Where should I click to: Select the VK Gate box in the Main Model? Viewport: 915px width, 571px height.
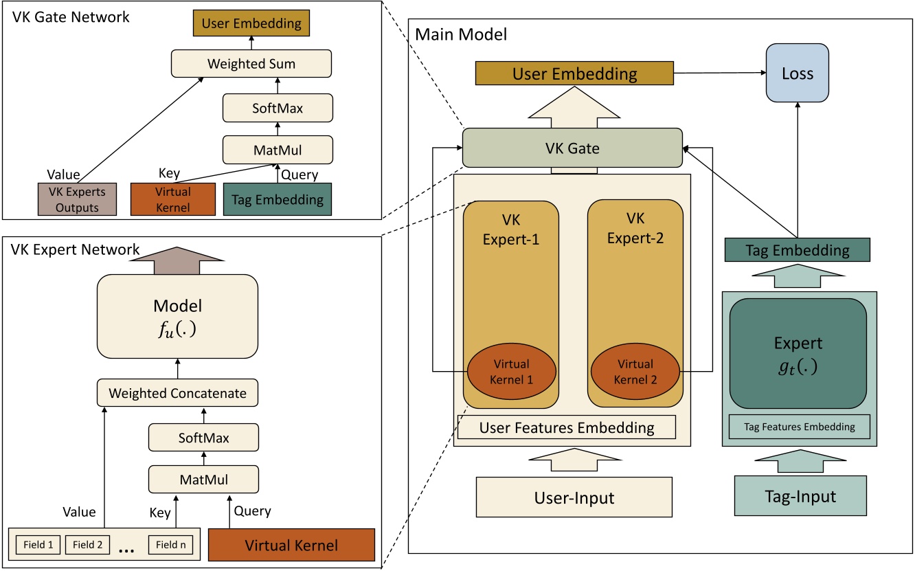click(x=572, y=147)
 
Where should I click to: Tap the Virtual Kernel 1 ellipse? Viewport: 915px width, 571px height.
click(x=511, y=371)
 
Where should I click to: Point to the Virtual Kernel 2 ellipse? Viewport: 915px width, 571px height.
click(x=635, y=371)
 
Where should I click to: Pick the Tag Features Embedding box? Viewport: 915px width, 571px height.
click(x=800, y=427)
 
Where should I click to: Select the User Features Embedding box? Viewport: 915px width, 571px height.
click(x=567, y=427)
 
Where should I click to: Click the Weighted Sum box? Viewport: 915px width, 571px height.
click(x=251, y=64)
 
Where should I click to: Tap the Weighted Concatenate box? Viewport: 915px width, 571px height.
click(x=178, y=394)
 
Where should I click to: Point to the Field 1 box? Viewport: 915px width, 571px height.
click(x=37, y=545)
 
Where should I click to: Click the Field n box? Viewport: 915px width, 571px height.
click(x=170, y=545)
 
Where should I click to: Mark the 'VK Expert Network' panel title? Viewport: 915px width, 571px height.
click(x=76, y=249)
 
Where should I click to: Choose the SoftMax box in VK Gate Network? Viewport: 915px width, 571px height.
click(x=278, y=108)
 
